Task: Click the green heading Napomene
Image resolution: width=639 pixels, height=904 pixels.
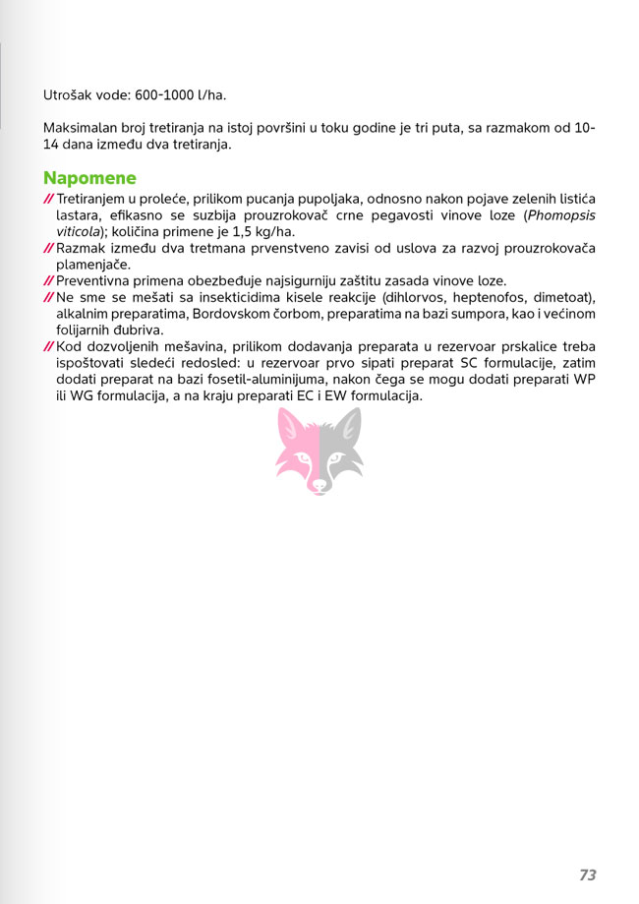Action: (x=89, y=178)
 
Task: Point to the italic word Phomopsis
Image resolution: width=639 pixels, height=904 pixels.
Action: (x=561, y=214)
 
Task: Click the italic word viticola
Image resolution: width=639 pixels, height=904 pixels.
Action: (x=80, y=231)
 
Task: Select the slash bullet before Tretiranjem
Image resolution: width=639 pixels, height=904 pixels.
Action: (x=48, y=199)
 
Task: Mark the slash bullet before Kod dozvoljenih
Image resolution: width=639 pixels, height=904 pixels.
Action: (x=48, y=347)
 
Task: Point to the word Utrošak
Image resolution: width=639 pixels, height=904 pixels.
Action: (x=68, y=95)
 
